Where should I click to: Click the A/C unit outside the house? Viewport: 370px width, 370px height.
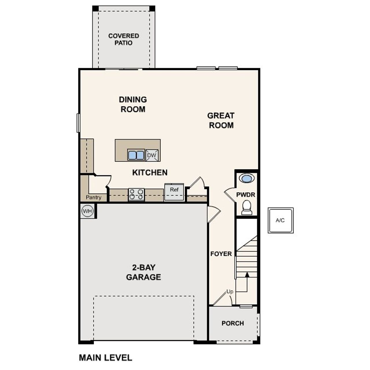[x=280, y=220]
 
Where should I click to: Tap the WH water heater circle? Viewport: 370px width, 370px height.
[x=87, y=211]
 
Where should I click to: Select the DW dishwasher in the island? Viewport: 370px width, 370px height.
[x=152, y=155]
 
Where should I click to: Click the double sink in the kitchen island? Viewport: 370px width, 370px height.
[x=136, y=155]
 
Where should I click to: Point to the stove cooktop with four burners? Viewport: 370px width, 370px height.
[x=136, y=194]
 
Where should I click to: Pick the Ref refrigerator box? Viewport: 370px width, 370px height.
[x=174, y=192]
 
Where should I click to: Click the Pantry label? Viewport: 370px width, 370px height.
[x=94, y=197]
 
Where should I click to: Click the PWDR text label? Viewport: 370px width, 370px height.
[x=246, y=195]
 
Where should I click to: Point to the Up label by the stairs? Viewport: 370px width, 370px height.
[x=230, y=292]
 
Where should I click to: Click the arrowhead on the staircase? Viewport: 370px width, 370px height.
[x=247, y=275]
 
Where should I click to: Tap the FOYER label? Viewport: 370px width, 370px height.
[x=221, y=254]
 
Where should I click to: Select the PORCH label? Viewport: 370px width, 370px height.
[x=233, y=323]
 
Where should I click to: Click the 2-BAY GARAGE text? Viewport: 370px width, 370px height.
[x=143, y=272]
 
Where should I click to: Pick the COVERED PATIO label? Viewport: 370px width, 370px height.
[x=124, y=39]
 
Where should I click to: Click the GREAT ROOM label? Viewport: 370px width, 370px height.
[x=221, y=120]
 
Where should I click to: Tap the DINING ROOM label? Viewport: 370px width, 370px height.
[x=133, y=104]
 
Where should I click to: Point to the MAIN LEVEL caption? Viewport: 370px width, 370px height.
[x=106, y=358]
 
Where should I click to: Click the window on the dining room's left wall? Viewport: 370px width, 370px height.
[x=78, y=123]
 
